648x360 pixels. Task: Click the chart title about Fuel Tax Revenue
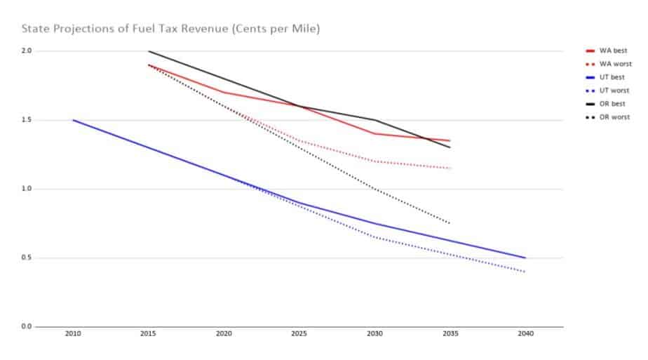[x=171, y=29]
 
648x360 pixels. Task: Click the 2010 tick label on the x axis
[x=72, y=335]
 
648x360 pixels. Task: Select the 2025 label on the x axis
[x=299, y=335]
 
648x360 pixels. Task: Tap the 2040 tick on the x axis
[x=525, y=335]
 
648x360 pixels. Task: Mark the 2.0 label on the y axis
[x=27, y=51]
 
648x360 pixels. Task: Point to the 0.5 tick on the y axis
[x=27, y=258]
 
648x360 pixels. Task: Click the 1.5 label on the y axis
[x=27, y=120]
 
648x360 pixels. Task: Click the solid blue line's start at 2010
[x=73, y=120]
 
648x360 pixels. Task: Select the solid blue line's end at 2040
[x=525, y=258]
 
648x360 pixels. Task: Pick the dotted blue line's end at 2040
[x=525, y=272]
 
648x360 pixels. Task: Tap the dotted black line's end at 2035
[x=450, y=223]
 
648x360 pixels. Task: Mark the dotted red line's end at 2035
[x=450, y=168]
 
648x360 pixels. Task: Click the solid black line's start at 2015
[x=149, y=51]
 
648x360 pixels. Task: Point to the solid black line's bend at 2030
[x=374, y=120]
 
